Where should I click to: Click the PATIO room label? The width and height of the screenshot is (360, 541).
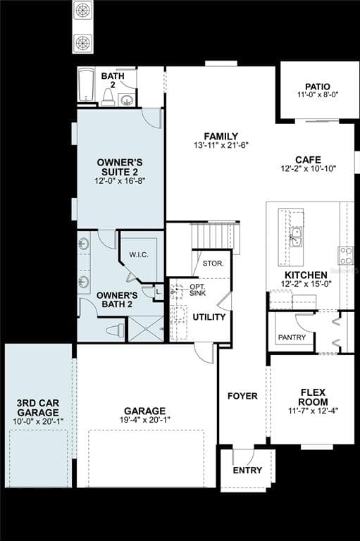318,87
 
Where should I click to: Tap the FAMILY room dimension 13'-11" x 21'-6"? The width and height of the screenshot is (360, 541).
221,145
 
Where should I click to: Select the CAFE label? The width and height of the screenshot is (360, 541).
309,160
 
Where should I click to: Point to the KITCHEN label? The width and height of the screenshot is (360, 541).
306,275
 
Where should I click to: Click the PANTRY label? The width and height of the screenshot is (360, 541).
292,337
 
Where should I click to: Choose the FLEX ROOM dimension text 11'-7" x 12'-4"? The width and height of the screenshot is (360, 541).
313,411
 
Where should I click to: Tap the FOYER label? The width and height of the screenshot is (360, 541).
242,396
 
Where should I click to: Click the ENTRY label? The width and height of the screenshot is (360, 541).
247,471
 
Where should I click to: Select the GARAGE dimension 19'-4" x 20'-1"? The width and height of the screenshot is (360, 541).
145,420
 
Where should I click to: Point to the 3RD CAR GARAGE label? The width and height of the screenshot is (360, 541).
38,408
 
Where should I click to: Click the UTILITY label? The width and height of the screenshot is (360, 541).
209,317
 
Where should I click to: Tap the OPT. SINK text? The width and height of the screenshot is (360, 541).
198,290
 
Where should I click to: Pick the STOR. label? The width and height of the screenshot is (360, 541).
213,263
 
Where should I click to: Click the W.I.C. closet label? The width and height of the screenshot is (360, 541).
139,255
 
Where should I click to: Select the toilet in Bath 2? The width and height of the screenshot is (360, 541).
108,97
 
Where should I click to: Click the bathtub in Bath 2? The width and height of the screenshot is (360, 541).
86,85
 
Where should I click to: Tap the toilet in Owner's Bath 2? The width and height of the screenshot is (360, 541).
115,330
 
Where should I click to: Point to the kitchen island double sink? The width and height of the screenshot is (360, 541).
296,237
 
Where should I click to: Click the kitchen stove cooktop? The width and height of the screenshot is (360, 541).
346,256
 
